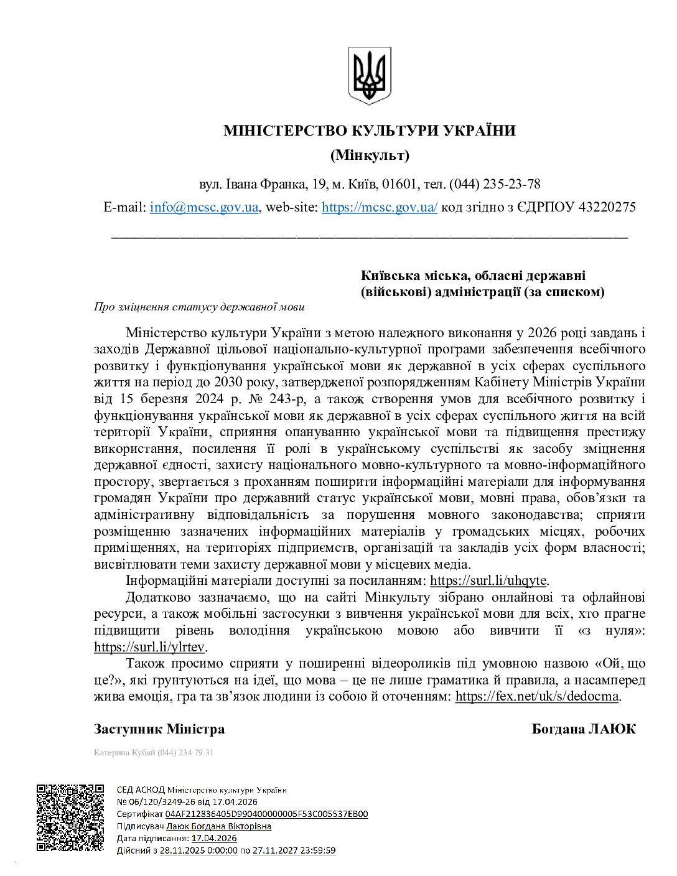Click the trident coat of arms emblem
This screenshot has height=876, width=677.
click(x=370, y=75)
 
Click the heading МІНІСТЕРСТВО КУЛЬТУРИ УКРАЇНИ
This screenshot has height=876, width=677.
click(x=370, y=131)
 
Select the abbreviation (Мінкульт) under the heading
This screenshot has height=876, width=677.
click(x=370, y=155)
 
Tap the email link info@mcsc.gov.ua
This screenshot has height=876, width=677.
click(x=204, y=207)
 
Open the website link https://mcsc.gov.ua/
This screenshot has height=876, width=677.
click(x=380, y=207)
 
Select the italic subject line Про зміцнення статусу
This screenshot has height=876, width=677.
click(x=199, y=307)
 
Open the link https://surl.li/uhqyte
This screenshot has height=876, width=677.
click(x=488, y=580)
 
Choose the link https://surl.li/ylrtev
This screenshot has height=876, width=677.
click(x=150, y=646)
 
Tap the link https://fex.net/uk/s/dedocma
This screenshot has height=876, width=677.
click(x=538, y=696)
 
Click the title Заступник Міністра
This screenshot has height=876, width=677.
click(x=159, y=729)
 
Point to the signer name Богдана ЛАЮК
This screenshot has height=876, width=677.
click(x=584, y=729)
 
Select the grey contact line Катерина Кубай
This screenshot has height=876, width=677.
click(x=154, y=753)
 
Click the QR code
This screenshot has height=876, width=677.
click(x=70, y=816)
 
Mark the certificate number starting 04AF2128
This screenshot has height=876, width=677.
click(x=267, y=814)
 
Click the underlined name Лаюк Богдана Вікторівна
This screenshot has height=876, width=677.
click(x=219, y=826)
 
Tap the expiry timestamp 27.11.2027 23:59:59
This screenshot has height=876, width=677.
click(x=294, y=850)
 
